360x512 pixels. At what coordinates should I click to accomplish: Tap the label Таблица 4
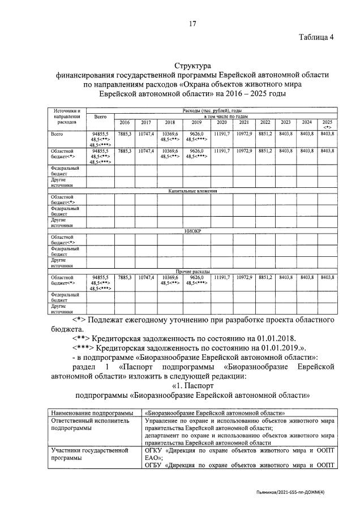pos(317,37)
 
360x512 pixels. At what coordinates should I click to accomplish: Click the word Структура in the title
pos(192,66)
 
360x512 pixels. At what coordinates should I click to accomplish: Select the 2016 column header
pos(125,122)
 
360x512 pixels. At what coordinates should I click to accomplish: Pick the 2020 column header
pos(221,122)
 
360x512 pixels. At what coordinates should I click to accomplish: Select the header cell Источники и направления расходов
pos(63,116)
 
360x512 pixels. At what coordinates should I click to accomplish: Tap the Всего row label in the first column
pos(57,134)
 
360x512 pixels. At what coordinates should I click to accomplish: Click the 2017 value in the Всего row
pos(145,134)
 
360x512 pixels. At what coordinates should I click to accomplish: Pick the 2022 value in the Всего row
pos(265,134)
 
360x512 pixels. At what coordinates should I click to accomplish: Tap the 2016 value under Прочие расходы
pos(125,277)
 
